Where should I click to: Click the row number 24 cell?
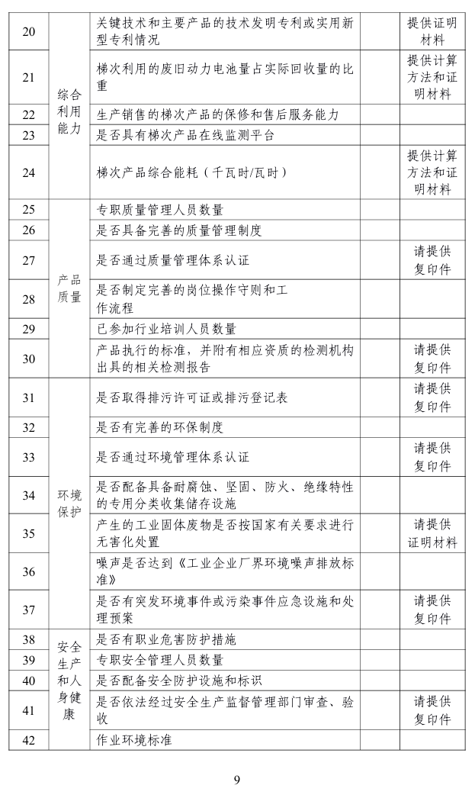(x=28, y=172)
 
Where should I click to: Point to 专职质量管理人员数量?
(x=160, y=210)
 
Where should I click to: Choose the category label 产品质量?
(x=69, y=288)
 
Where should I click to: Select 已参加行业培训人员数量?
(x=166, y=329)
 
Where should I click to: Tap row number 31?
(x=28, y=397)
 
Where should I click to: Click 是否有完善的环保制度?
(x=160, y=427)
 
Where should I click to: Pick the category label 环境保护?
(x=69, y=503)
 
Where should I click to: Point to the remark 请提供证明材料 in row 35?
(x=432, y=533)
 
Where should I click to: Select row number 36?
(x=28, y=571)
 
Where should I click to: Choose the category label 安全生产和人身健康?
(x=69, y=690)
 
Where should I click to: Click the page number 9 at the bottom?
(x=237, y=779)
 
